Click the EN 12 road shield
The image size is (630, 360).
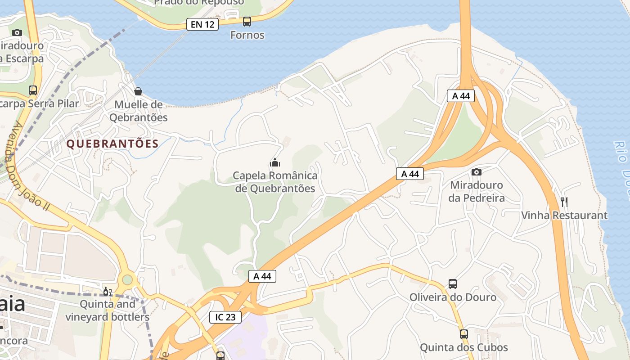202,24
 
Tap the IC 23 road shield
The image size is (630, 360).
225,317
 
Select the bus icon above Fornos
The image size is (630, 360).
247,21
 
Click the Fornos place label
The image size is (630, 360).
247,35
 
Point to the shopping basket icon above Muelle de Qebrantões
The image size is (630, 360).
138,91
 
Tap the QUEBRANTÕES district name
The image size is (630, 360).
112,144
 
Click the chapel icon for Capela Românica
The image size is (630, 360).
275,162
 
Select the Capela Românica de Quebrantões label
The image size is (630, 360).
275,182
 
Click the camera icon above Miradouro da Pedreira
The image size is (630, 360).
477,172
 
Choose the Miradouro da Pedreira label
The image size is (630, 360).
477,192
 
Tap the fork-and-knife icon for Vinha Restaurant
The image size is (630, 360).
564,202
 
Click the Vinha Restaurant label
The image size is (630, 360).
564,216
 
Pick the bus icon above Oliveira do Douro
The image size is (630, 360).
453,284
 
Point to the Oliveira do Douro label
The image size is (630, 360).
453,297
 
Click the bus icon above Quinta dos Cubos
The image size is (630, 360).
464,334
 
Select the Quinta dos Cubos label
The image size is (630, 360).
464,348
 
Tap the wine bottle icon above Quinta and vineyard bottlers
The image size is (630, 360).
107,292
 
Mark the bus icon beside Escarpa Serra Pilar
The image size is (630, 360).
33,90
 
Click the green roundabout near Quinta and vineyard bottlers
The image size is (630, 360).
127,280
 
